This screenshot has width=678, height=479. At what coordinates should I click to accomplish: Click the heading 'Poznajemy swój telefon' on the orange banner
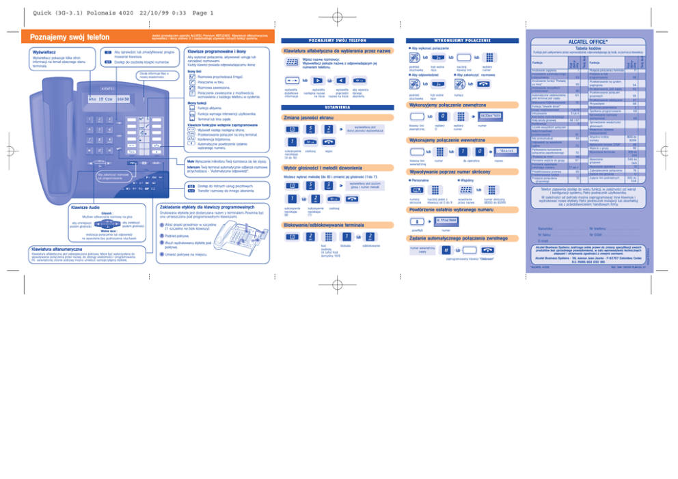tap(65, 37)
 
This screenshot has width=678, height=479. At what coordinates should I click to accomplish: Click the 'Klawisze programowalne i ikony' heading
tap(217, 51)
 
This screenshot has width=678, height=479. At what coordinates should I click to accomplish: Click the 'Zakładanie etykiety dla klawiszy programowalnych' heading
tap(217, 206)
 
